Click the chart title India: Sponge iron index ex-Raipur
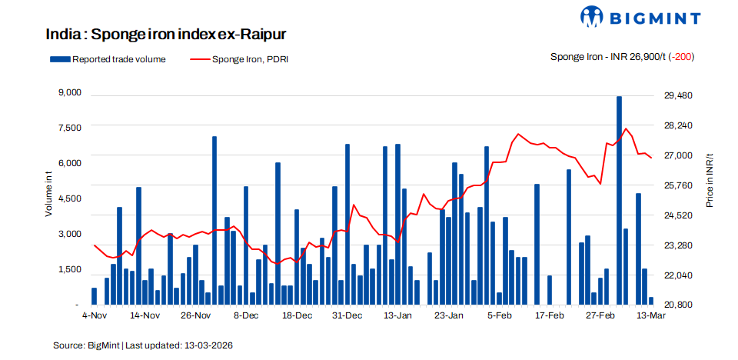coord(166,35)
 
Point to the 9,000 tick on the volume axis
coord(69,93)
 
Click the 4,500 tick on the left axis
coord(69,198)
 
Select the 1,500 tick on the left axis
coord(69,269)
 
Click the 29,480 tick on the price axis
coord(678,95)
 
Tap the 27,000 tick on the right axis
coord(678,155)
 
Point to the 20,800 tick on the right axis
coord(678,305)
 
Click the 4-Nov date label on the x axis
coord(94,316)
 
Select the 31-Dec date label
coord(347,316)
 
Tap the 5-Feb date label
coord(500,316)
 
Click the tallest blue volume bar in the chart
coord(619,200)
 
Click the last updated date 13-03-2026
coord(208,345)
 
